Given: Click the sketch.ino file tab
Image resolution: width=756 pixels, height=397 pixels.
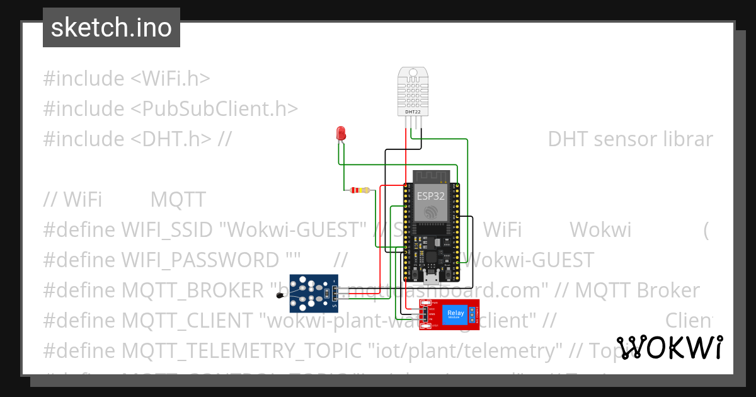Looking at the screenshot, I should (112, 28).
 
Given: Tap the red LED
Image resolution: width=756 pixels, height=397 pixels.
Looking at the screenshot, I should (341, 133).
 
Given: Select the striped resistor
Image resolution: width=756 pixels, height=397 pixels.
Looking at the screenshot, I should (360, 190).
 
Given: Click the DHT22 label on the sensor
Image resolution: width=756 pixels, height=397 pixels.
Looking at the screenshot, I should (413, 112).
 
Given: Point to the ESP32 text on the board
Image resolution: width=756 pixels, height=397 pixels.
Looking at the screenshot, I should (430, 196).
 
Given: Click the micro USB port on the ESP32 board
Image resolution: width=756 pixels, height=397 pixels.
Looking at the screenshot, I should (432, 275).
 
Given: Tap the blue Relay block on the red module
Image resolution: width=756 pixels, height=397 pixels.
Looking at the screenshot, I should (455, 313).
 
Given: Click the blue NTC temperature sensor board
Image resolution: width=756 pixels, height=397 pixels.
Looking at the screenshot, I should (313, 293).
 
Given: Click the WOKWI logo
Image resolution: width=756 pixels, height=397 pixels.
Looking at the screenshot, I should (670, 347).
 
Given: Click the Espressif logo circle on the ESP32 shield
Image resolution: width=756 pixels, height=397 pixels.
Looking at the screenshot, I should (431, 212).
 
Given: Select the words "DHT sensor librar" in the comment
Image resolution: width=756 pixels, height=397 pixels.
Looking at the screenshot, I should (630, 139).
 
